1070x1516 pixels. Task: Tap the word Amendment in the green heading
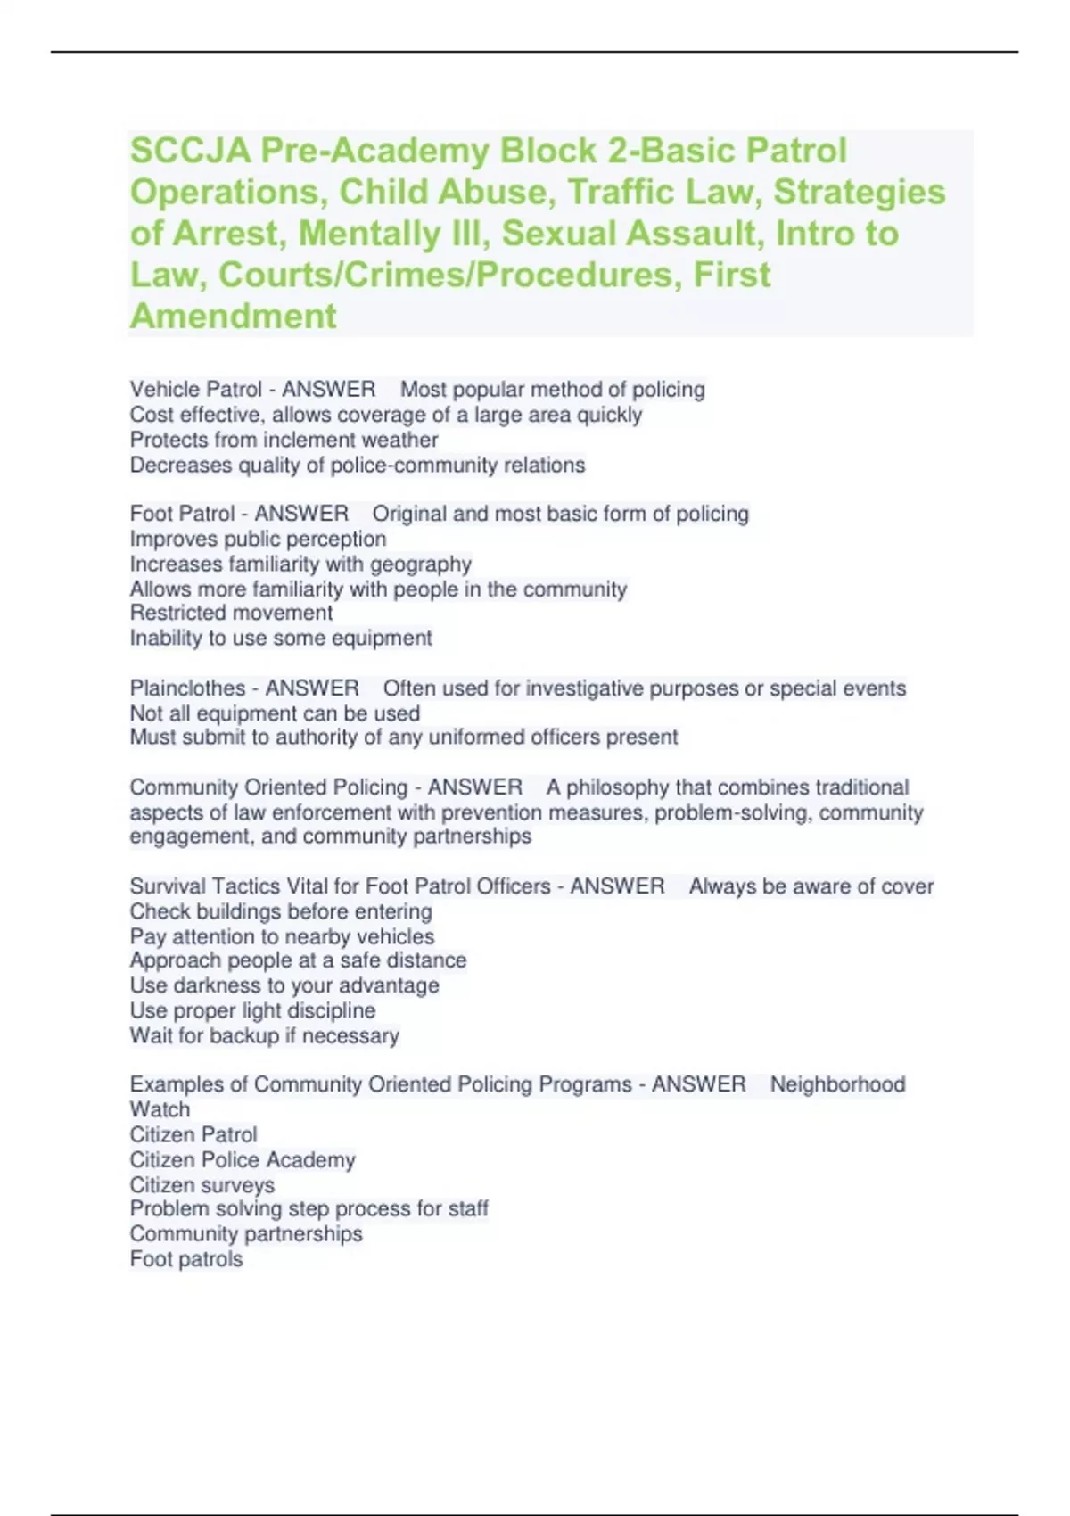point(234,316)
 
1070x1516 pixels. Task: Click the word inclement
point(331,440)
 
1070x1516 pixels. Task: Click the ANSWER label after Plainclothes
point(311,688)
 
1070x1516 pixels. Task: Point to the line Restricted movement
point(231,613)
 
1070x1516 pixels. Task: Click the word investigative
point(585,688)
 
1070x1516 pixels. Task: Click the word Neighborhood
point(837,1084)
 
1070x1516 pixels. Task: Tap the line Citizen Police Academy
point(243,1160)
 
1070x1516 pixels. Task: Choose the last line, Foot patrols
point(186,1259)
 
